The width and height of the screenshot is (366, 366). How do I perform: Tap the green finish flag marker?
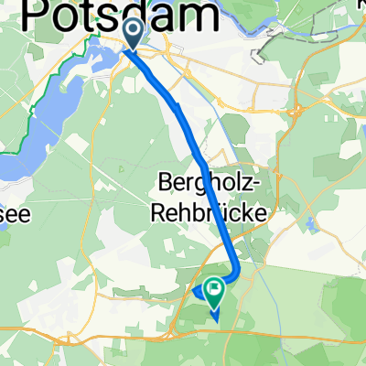tap(215, 292)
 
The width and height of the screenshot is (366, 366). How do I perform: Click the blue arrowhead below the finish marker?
tap(215, 317)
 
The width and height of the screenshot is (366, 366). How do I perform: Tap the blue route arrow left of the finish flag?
tap(196, 292)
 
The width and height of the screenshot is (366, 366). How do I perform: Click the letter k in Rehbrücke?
tap(246, 211)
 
